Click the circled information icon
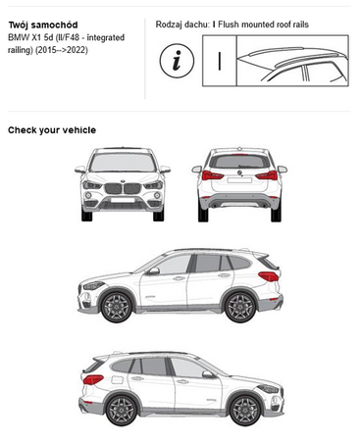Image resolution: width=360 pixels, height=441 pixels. click(177, 61)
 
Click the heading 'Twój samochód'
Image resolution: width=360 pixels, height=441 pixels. click(43, 25)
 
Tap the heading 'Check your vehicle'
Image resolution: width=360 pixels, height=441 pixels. click(52, 130)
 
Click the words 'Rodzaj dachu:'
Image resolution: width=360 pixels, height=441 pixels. click(182, 24)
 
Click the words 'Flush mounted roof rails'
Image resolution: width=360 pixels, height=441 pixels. click(263, 24)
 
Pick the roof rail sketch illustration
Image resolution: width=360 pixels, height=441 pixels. click(292, 61)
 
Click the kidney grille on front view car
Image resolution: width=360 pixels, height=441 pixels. click(123, 188)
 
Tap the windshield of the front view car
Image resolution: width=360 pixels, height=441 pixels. click(123, 163)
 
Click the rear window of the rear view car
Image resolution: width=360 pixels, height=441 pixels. click(239, 162)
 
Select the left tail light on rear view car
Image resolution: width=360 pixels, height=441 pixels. click(213, 175)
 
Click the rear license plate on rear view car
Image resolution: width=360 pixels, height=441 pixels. click(239, 180)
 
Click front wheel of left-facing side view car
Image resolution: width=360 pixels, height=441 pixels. click(117, 307)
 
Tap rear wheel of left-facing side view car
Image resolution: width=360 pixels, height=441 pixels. click(240, 307)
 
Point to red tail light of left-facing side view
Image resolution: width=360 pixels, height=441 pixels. click(269, 276)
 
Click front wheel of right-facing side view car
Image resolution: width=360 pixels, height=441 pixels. click(245, 411)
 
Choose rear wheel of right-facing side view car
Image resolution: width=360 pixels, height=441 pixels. click(122, 411)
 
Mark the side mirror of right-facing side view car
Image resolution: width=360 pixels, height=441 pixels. click(208, 374)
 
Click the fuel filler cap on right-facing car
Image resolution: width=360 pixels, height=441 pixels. click(117, 380)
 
